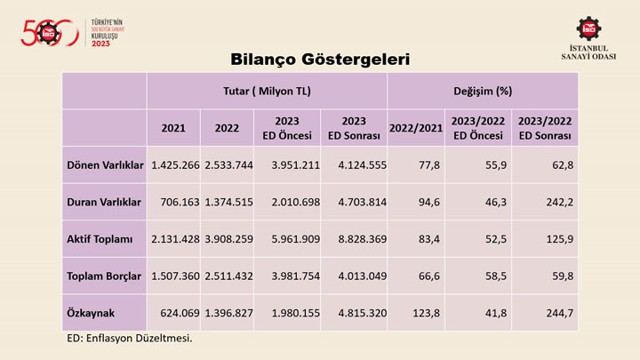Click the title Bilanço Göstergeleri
pyautogui.click(x=320, y=60)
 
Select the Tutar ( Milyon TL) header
pyautogui.click(x=267, y=91)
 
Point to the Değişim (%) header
pyautogui.click(x=483, y=91)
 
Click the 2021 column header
pyautogui.click(x=173, y=128)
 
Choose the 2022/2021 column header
pyautogui.click(x=416, y=128)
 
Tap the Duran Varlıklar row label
pyautogui.click(x=104, y=202)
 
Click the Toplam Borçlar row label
pyautogui.click(x=104, y=276)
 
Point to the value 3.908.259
pyautogui.click(x=227, y=238)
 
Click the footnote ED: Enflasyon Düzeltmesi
pyautogui.click(x=130, y=339)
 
